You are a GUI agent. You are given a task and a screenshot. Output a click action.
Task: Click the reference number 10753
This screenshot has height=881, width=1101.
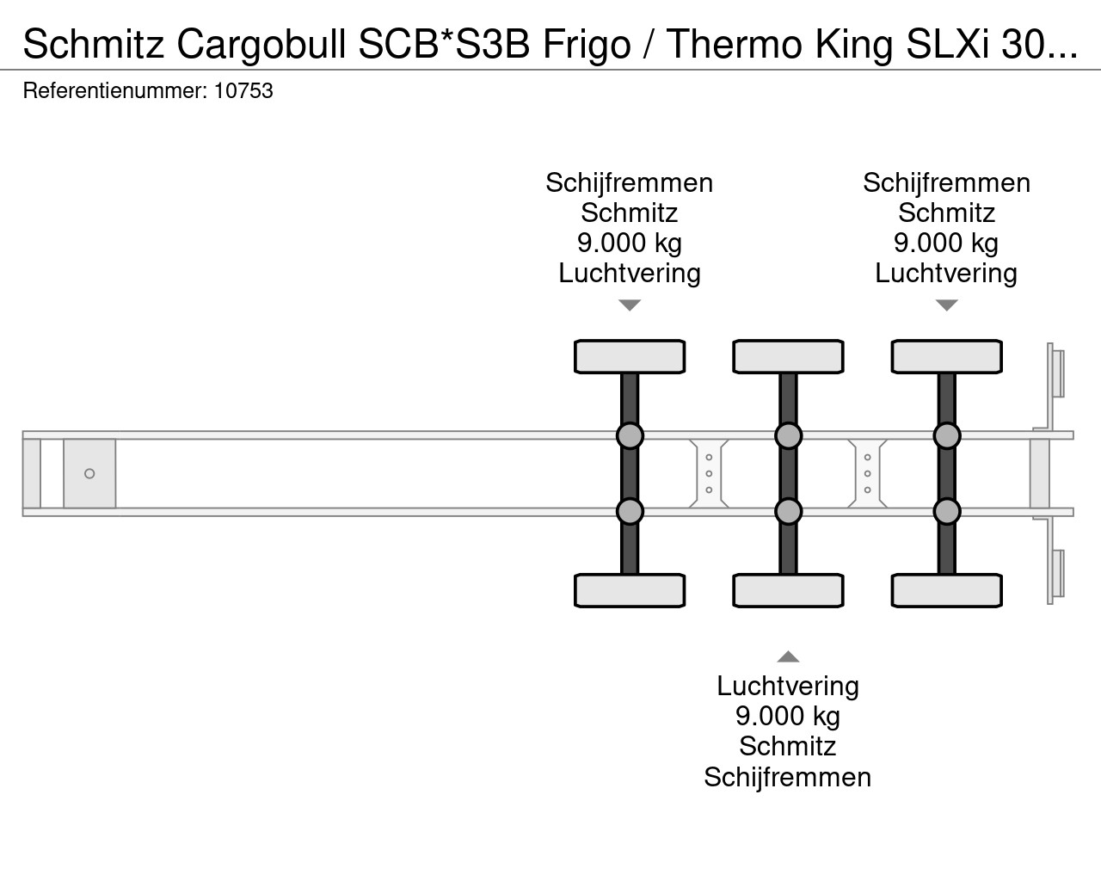243,90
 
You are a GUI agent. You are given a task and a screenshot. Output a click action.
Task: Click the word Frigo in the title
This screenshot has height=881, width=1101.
586,46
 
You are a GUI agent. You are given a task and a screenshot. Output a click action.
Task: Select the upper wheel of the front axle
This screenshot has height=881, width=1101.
630,356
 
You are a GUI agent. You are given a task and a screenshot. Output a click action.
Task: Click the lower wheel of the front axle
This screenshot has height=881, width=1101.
630,591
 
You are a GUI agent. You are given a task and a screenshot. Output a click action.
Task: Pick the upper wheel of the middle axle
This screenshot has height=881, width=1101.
788,356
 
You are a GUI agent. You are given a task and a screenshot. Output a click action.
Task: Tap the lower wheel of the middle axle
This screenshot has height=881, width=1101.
788,591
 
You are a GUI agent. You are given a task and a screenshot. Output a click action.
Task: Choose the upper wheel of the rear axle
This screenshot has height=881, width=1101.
946,356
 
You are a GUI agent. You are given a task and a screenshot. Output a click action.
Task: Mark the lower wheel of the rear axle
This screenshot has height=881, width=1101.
946,591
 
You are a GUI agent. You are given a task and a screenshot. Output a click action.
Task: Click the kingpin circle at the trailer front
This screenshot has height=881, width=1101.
89,473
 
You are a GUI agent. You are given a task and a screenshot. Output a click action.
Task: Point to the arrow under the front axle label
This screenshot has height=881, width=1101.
630,305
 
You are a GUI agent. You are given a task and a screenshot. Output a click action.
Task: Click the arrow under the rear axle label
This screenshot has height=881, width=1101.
946,305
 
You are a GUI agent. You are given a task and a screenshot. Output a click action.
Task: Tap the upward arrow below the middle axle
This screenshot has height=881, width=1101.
788,657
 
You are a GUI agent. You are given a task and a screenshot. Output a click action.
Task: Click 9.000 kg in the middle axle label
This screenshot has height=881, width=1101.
788,716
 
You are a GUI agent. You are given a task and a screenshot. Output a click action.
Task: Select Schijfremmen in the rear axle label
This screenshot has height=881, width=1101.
946,182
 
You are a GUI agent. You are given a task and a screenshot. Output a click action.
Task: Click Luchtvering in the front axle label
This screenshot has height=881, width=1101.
630,273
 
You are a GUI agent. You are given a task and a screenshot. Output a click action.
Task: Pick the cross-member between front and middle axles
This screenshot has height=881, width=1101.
709,473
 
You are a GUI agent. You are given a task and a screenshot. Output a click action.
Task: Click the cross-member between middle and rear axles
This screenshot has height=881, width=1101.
867,473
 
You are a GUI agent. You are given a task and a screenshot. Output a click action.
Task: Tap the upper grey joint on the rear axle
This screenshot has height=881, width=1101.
946,435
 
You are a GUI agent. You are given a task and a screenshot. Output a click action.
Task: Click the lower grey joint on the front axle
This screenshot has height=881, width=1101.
630,511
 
